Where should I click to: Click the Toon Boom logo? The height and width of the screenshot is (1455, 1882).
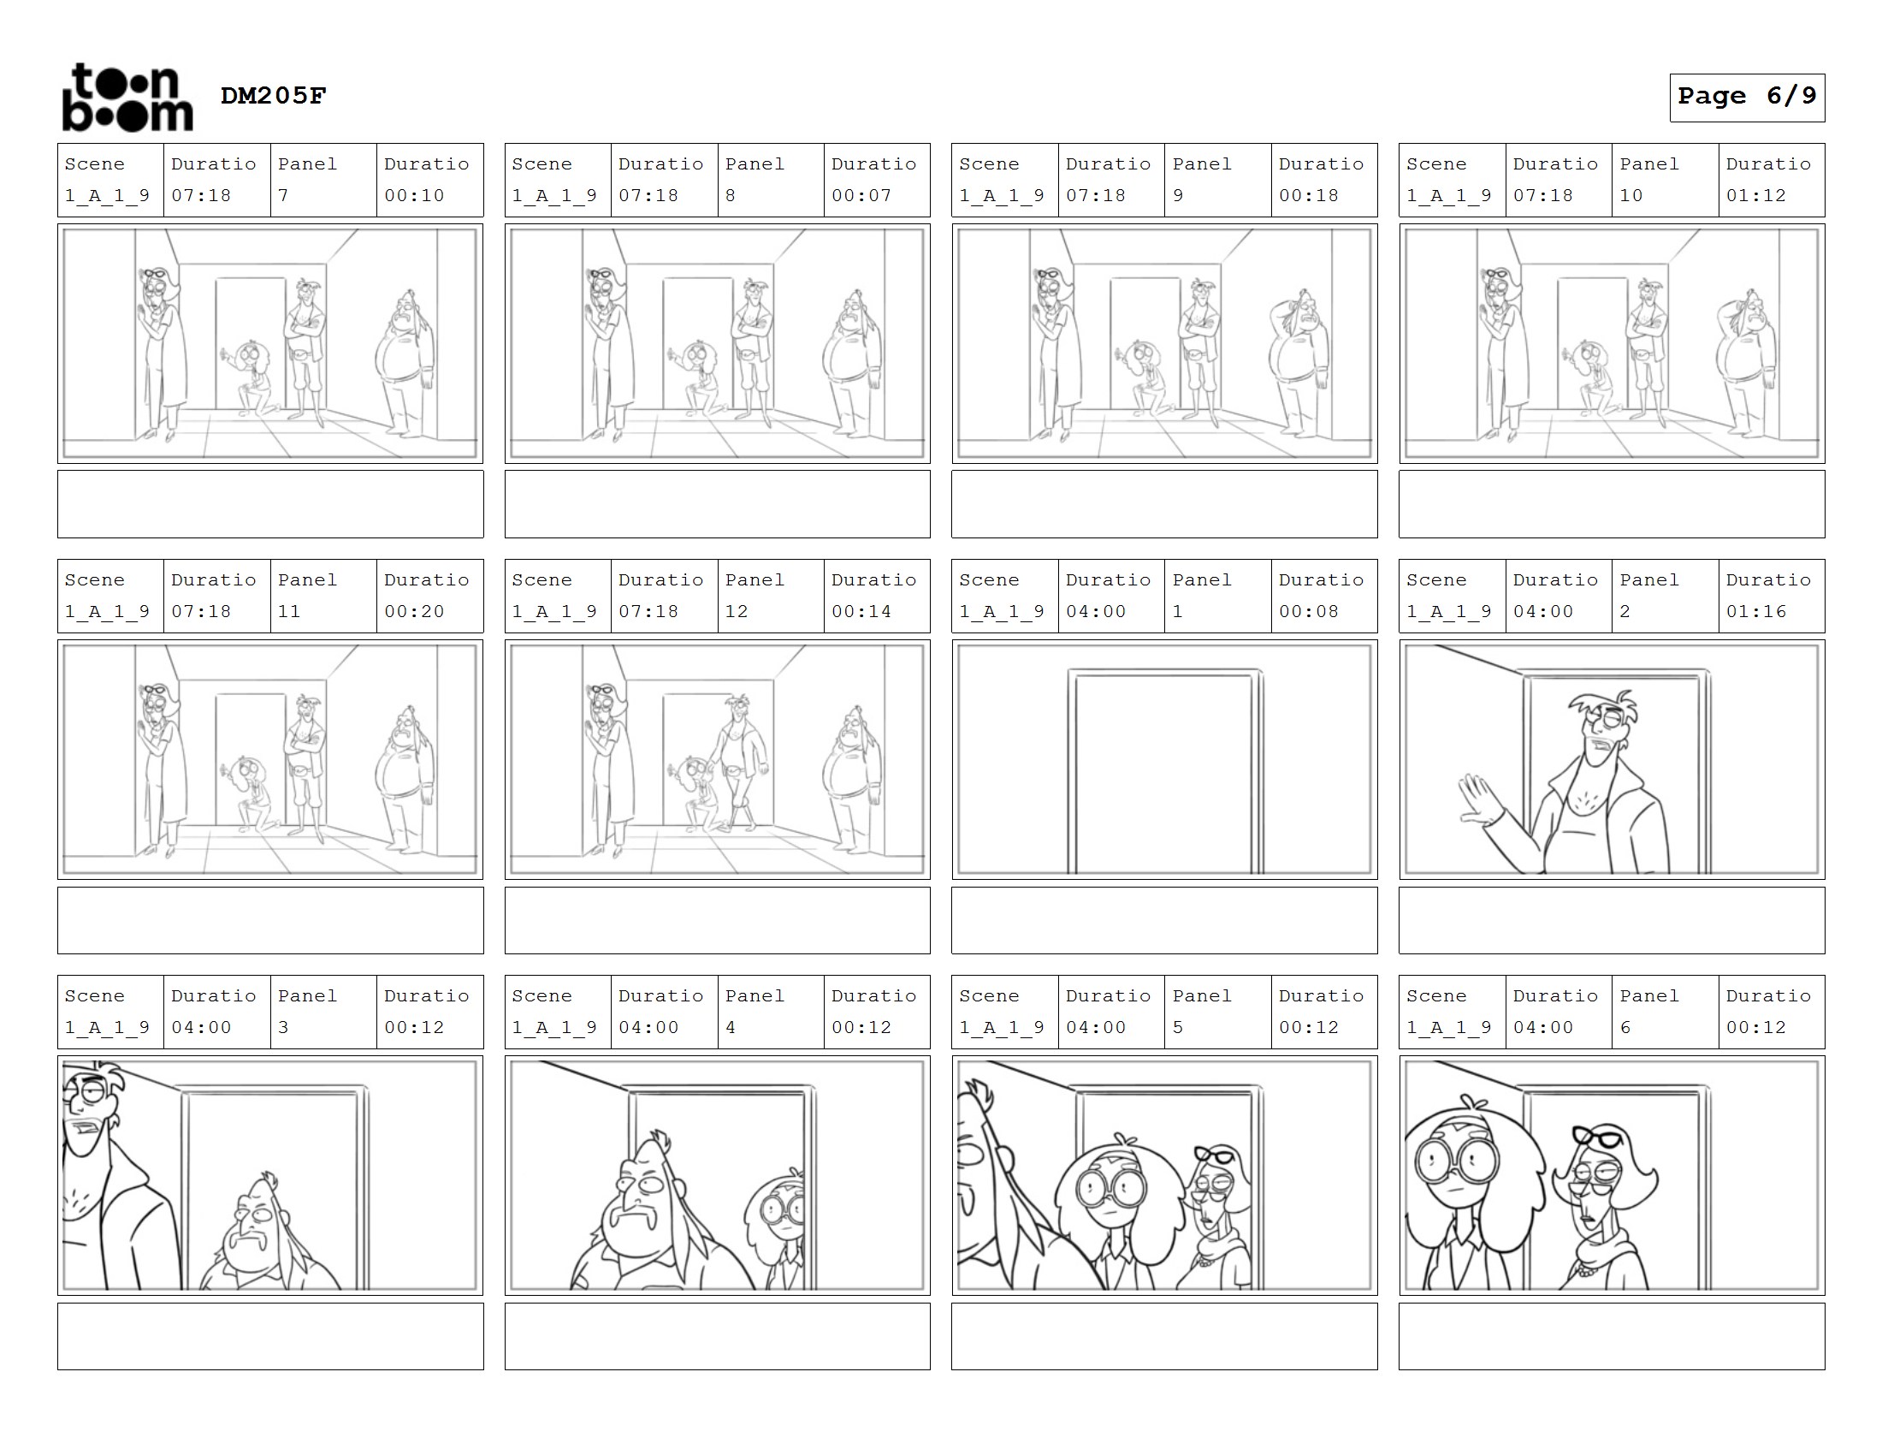coord(127,97)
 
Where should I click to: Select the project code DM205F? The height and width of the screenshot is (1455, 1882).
coord(273,95)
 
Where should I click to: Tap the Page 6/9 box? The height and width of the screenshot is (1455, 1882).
coord(1747,98)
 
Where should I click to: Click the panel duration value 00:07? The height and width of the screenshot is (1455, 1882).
coord(861,196)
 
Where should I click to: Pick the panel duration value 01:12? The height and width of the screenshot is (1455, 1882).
coord(1755,196)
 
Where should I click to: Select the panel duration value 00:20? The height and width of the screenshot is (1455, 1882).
coord(414,612)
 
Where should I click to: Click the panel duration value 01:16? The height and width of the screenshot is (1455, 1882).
coord(1755,612)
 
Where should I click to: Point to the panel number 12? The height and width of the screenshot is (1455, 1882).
coord(736,612)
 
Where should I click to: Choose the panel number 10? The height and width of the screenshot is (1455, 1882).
coord(1630,196)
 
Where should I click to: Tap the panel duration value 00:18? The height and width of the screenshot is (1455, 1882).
coord(1308,196)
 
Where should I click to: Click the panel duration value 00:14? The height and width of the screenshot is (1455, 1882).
coord(861,612)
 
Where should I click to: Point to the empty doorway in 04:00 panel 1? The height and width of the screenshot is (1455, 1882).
coord(1165,771)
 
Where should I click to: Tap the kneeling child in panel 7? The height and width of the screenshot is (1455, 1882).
coord(250,379)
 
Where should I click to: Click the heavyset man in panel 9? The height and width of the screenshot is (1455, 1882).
coord(1299,362)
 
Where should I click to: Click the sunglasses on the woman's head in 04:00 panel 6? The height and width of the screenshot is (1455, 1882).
coord(1597,1137)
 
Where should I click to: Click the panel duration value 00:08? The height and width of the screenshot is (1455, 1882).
coord(1308,612)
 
